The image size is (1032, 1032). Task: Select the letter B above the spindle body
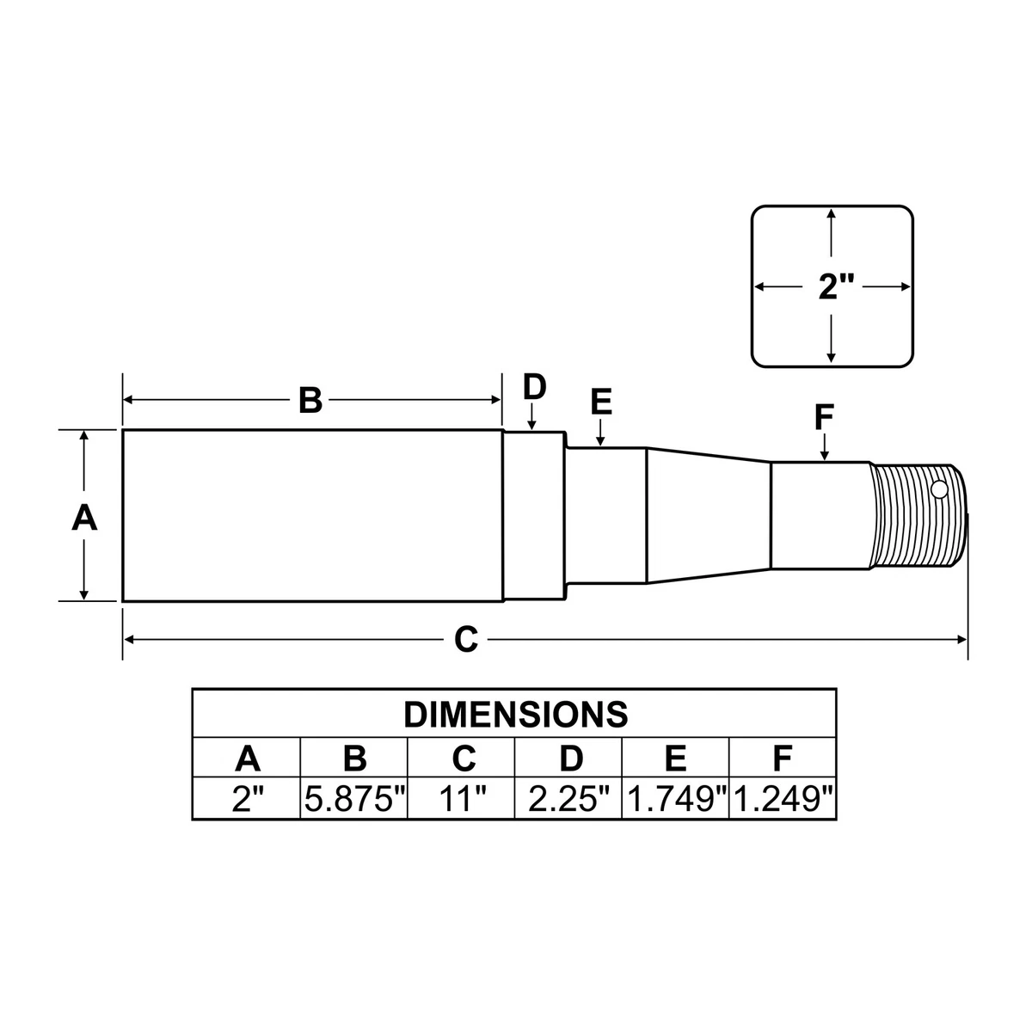(310, 400)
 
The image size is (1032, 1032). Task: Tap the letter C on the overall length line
(465, 639)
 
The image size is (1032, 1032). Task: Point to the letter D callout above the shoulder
(534, 387)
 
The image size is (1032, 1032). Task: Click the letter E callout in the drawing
(601, 402)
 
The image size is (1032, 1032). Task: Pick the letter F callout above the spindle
(824, 418)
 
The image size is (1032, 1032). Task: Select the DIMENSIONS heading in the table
(515, 714)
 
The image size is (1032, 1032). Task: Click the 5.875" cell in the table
(354, 800)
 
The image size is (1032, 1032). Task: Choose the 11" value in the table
(462, 800)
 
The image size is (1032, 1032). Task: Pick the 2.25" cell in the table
(568, 800)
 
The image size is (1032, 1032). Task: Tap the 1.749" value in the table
(676, 800)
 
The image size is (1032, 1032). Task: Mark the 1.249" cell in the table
(783, 800)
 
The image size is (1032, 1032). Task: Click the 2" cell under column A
(247, 800)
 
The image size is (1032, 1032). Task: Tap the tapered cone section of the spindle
(708, 515)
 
